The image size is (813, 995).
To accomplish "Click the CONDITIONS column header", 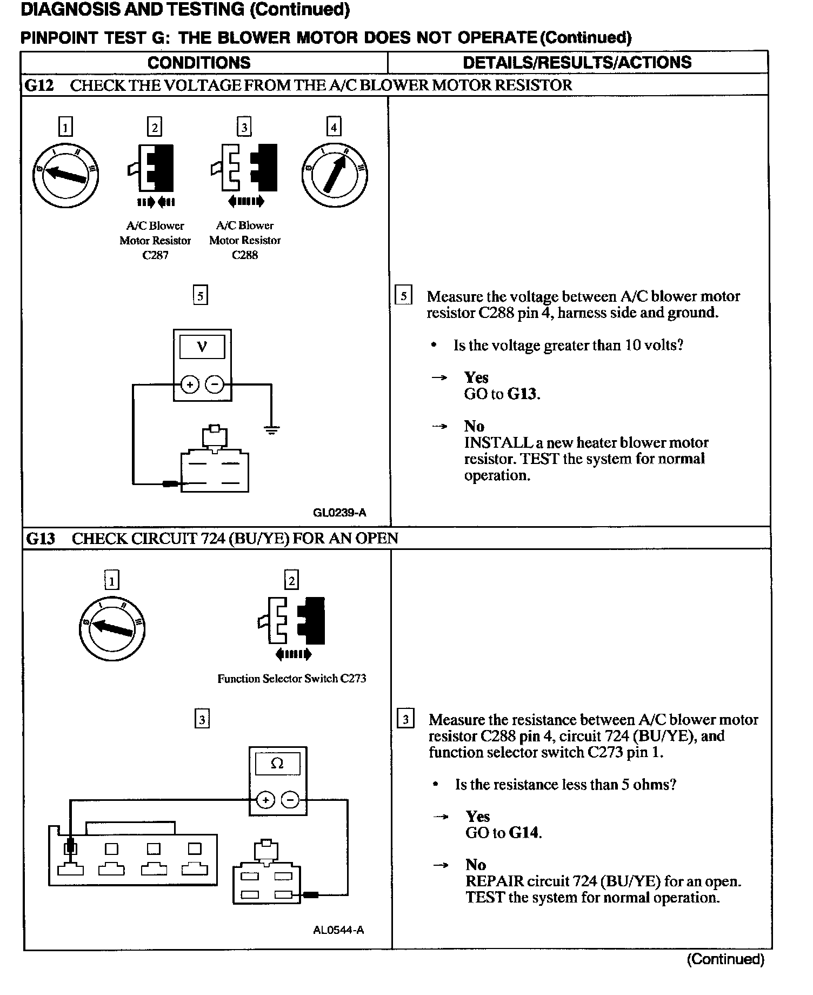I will pos(199,63).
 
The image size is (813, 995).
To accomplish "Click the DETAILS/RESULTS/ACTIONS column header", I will pos(577,62).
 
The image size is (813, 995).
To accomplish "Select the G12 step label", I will pos(40,85).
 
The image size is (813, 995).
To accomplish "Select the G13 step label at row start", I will pos(41,539).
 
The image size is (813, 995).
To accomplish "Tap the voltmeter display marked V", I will pos(202,347).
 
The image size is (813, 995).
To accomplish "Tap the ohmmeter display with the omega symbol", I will pos(277,764).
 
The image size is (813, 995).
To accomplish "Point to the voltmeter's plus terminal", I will pos(190,385).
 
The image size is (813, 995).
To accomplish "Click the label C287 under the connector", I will pos(155,255).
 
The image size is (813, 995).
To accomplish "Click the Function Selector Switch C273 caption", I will pos(291,679).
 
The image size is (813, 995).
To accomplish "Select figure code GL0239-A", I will pos(339,513).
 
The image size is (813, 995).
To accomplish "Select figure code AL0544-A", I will pos(338,931).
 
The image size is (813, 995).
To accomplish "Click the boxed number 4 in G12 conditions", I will pos(334,128).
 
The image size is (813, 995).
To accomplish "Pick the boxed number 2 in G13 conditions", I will pos(292,581).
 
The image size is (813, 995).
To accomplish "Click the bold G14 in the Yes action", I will pos(524,832).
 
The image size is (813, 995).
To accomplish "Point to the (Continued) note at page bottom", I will pos(725,959).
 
